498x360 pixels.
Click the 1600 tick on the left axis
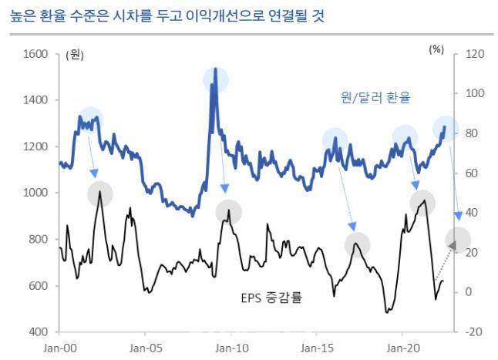point(35,54)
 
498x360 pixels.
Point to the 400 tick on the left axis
point(39,332)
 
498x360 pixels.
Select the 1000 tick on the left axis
point(35,193)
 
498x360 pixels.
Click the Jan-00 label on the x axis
point(59,348)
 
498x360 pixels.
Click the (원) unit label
point(75,54)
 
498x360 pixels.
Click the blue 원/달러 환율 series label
point(375,98)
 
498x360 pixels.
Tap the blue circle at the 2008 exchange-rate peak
point(216,79)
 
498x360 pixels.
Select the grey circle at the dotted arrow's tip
point(457,241)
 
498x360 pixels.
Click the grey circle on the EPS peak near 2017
point(357,245)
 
